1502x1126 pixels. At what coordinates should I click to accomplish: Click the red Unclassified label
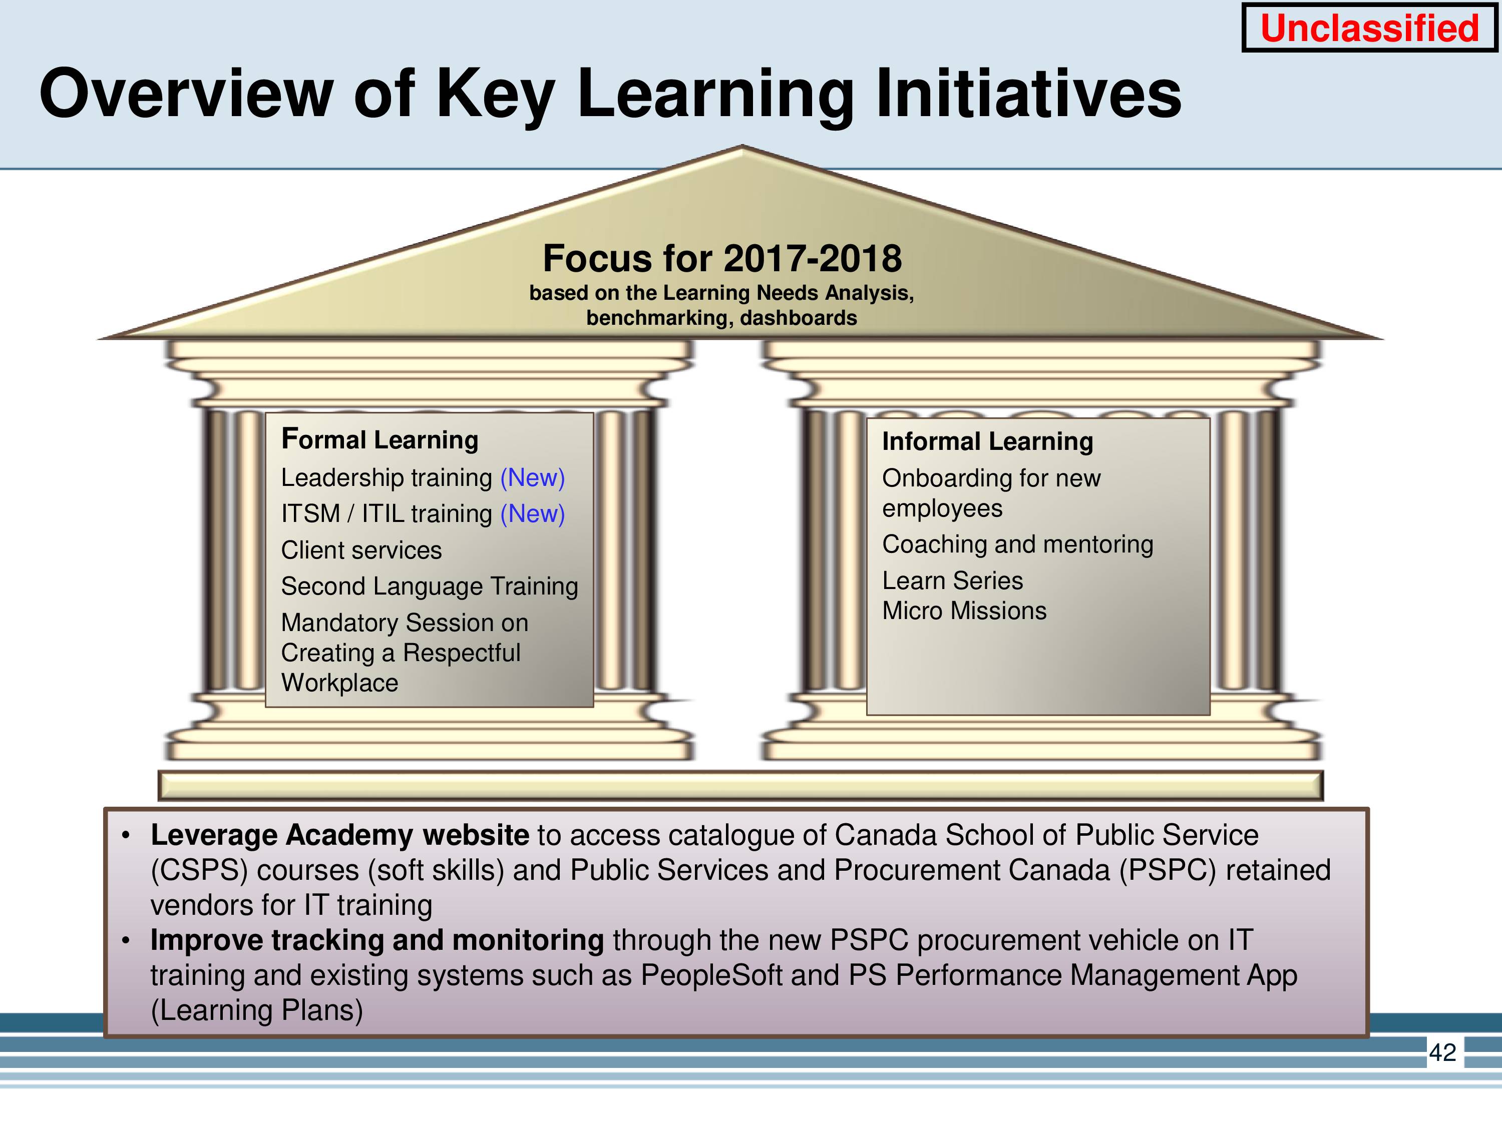coord(1369,28)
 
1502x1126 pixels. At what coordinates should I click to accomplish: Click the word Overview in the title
coord(187,93)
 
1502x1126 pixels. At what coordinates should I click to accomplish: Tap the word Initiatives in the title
coord(1029,93)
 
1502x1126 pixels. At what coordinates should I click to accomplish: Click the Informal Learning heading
coord(987,441)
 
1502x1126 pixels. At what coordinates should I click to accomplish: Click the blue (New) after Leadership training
coord(532,478)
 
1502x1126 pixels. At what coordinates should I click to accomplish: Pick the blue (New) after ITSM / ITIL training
coord(532,514)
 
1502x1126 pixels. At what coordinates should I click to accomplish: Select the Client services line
coord(361,550)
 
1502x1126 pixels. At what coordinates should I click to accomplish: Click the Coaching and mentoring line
coord(1017,544)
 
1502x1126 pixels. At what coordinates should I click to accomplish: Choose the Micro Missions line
coord(964,611)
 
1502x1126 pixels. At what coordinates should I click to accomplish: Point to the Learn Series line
coord(952,581)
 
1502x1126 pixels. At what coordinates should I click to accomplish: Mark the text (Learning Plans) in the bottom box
coord(257,1010)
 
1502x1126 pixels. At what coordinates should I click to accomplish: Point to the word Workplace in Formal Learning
coord(339,683)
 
